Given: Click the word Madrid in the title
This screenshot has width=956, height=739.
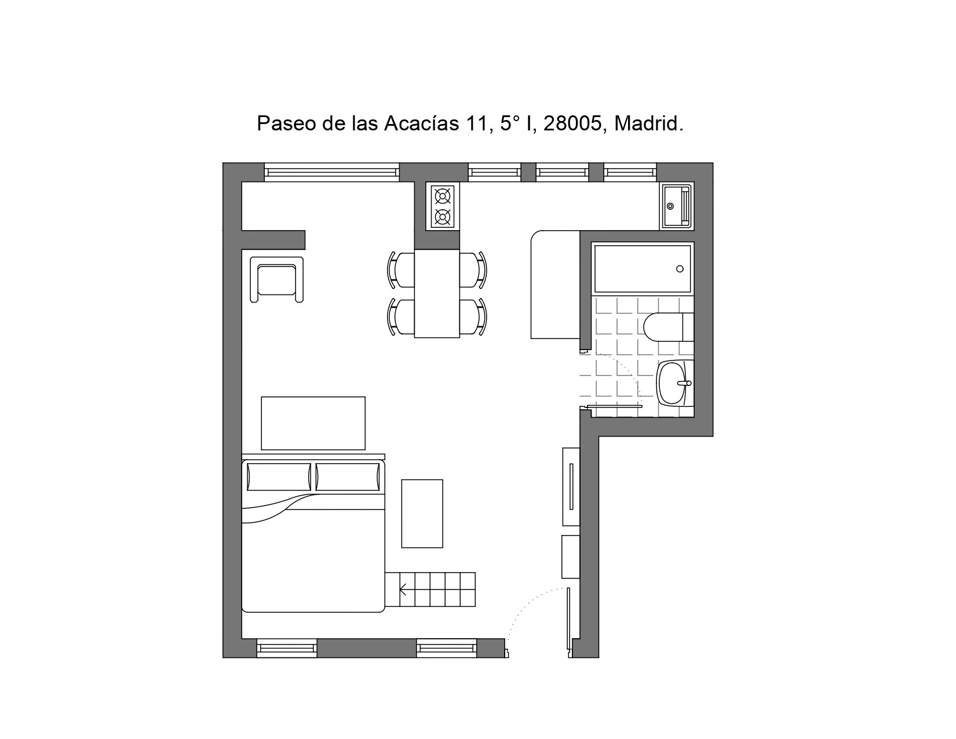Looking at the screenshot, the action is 648,123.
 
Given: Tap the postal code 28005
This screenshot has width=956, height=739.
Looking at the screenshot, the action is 572,123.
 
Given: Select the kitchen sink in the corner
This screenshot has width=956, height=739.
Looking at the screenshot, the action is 677,206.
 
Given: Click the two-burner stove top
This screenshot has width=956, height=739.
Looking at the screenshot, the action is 443,206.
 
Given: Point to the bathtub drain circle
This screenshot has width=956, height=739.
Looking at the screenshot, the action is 680,269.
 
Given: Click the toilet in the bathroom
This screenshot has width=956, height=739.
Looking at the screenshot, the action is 669,327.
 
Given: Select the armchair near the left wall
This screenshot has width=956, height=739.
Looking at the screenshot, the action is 277,279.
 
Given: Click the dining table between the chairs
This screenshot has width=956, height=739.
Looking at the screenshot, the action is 437,294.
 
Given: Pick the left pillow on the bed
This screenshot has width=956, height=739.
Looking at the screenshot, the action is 279,476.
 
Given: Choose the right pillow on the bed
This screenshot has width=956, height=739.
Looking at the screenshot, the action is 348,476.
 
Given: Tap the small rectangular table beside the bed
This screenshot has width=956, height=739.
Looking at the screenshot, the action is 422,514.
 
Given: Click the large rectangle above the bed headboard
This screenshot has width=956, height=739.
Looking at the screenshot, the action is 313,424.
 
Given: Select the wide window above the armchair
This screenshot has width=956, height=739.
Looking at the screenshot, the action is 332,172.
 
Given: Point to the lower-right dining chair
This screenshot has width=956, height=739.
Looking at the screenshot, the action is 473,317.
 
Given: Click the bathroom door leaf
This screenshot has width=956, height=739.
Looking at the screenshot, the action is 615,406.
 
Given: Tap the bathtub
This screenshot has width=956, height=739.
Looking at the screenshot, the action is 643,268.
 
